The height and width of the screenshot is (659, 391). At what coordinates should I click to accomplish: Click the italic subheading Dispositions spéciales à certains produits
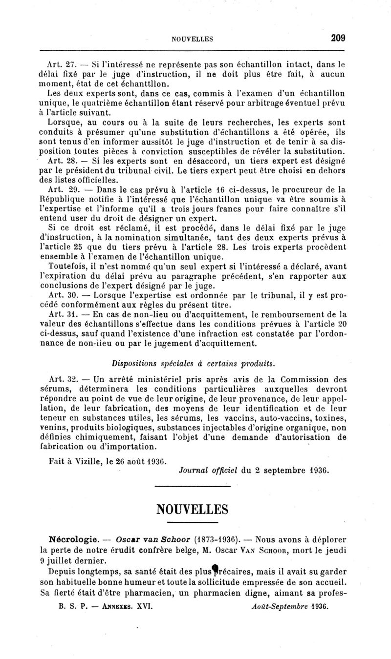(193, 363)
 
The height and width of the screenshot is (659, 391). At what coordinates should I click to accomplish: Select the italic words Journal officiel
(208, 471)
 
